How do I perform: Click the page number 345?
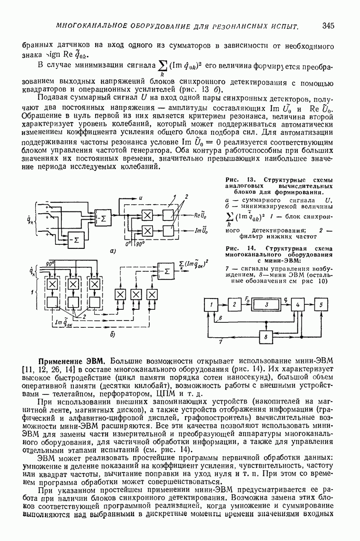328,26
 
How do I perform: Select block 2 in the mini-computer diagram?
235,304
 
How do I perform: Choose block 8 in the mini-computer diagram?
267,336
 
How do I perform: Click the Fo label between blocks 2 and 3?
247,298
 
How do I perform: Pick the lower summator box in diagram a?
74,238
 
